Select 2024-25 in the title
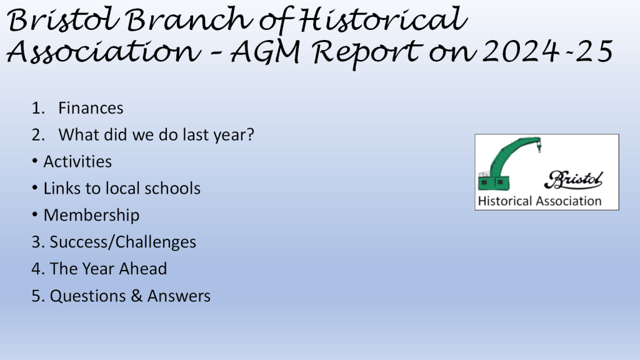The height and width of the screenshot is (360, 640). coord(547,51)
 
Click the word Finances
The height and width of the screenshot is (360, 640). coord(91,108)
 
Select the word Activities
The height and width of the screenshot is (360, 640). coord(77,162)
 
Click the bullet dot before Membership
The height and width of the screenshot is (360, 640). coord(35,215)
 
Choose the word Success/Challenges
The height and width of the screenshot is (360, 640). coord(123,242)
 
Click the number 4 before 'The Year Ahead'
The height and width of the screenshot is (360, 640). coord(36,269)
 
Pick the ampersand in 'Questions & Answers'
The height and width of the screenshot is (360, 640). coord(136,296)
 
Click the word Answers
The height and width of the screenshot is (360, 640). coord(179,296)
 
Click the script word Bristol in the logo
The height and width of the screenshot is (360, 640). coord(574,180)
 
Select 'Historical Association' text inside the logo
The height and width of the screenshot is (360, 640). coord(539,201)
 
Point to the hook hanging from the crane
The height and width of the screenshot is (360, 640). coord(539,147)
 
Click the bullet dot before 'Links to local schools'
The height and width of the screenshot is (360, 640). coord(35,187)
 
